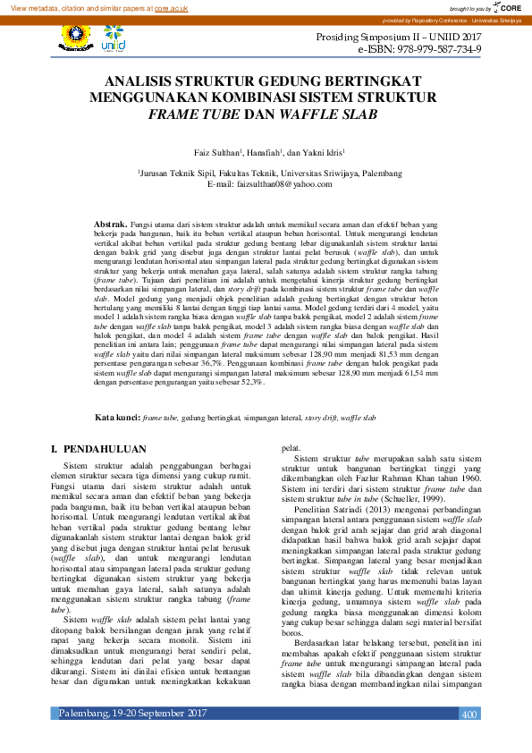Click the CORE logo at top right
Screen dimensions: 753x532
(512, 7)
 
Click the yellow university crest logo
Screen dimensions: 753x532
(76, 35)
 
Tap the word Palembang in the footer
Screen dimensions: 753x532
(84, 740)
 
